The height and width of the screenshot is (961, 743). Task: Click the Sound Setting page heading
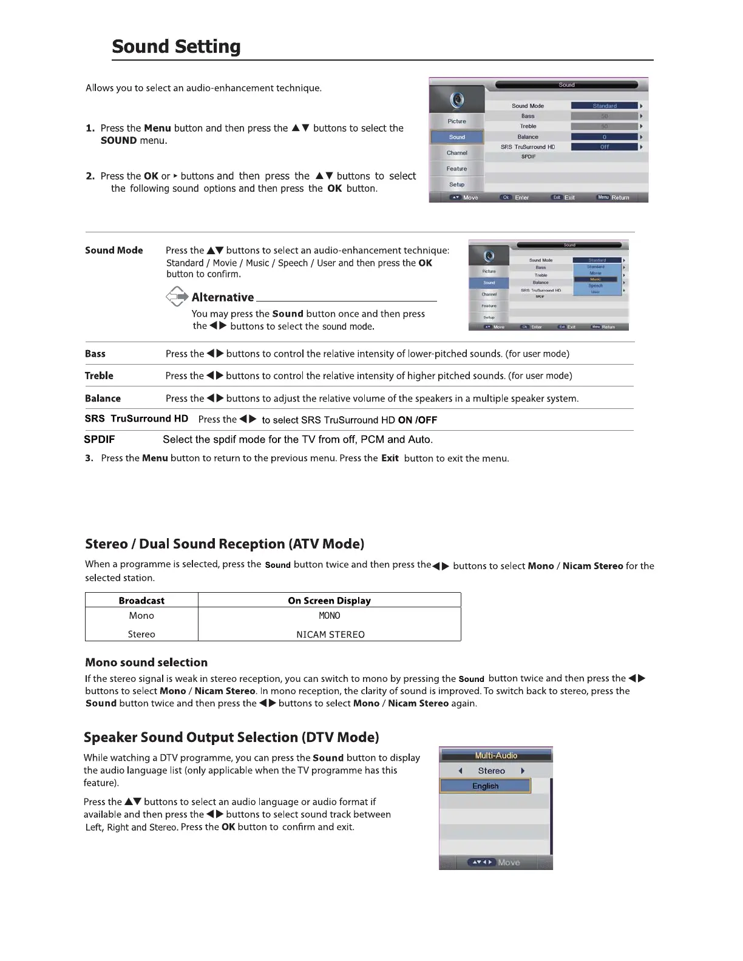click(x=176, y=47)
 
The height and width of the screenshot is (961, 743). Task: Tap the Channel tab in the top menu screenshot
click(x=457, y=153)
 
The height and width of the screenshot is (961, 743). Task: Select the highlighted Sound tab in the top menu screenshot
click(x=457, y=137)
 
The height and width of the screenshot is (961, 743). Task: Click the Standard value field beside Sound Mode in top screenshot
click(x=604, y=106)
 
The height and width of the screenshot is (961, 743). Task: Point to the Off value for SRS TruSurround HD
click(x=604, y=147)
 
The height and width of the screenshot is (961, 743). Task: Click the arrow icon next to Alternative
click(x=177, y=297)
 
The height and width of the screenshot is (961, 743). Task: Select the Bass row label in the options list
click(x=95, y=354)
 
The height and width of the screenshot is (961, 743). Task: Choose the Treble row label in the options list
click(x=99, y=376)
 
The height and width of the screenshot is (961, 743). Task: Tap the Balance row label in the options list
click(x=103, y=399)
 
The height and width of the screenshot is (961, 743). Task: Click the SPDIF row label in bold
click(x=99, y=439)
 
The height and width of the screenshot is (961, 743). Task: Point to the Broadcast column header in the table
click(x=141, y=601)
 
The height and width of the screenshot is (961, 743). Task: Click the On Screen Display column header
click(x=329, y=601)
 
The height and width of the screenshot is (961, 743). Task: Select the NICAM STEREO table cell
click(x=330, y=635)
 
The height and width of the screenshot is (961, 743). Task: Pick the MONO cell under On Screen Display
click(x=330, y=616)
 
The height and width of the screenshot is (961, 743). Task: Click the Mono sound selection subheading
click(x=146, y=663)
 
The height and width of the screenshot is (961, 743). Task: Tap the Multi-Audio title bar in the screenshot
click(x=496, y=755)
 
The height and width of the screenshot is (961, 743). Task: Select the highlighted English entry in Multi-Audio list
click(x=485, y=786)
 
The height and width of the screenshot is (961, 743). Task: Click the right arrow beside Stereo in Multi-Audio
click(x=523, y=771)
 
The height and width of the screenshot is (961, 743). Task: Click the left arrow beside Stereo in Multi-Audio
click(x=461, y=771)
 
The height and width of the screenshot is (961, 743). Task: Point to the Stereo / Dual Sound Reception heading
click(x=225, y=544)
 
